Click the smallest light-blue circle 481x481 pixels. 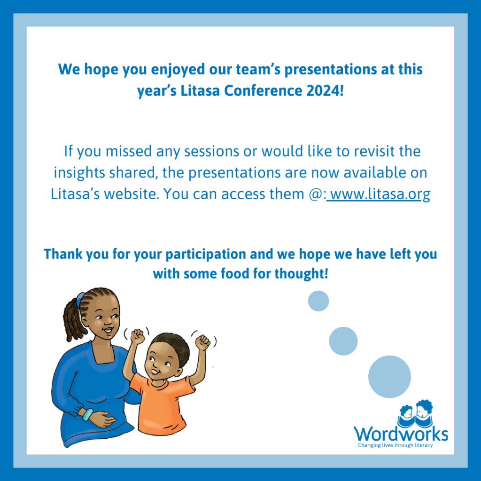click(x=318, y=301)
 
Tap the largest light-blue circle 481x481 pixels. click(x=389, y=377)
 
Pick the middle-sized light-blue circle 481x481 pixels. click(x=343, y=341)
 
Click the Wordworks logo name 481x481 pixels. click(x=401, y=434)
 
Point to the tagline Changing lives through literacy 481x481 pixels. click(x=396, y=445)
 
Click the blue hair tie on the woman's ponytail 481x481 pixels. click(x=80, y=299)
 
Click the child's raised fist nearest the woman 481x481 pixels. click(x=137, y=336)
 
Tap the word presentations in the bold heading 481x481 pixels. click(x=331, y=70)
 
